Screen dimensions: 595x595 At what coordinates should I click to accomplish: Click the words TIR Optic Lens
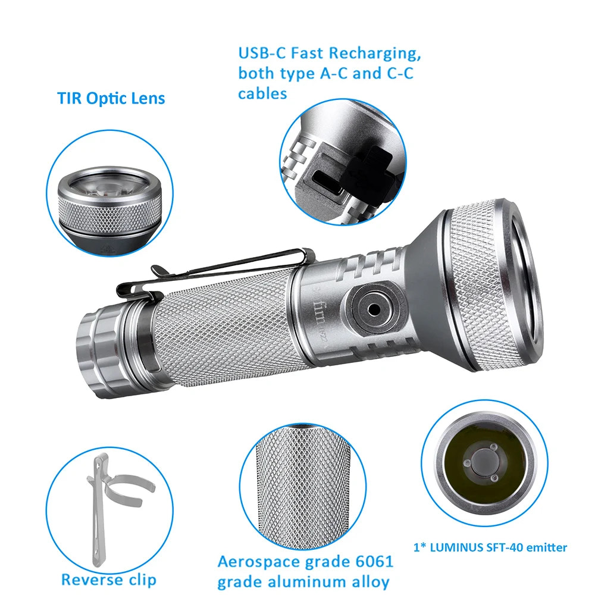click(111, 98)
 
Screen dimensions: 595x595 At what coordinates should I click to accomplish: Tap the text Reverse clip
click(109, 579)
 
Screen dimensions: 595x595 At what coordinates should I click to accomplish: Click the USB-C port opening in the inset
click(325, 176)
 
